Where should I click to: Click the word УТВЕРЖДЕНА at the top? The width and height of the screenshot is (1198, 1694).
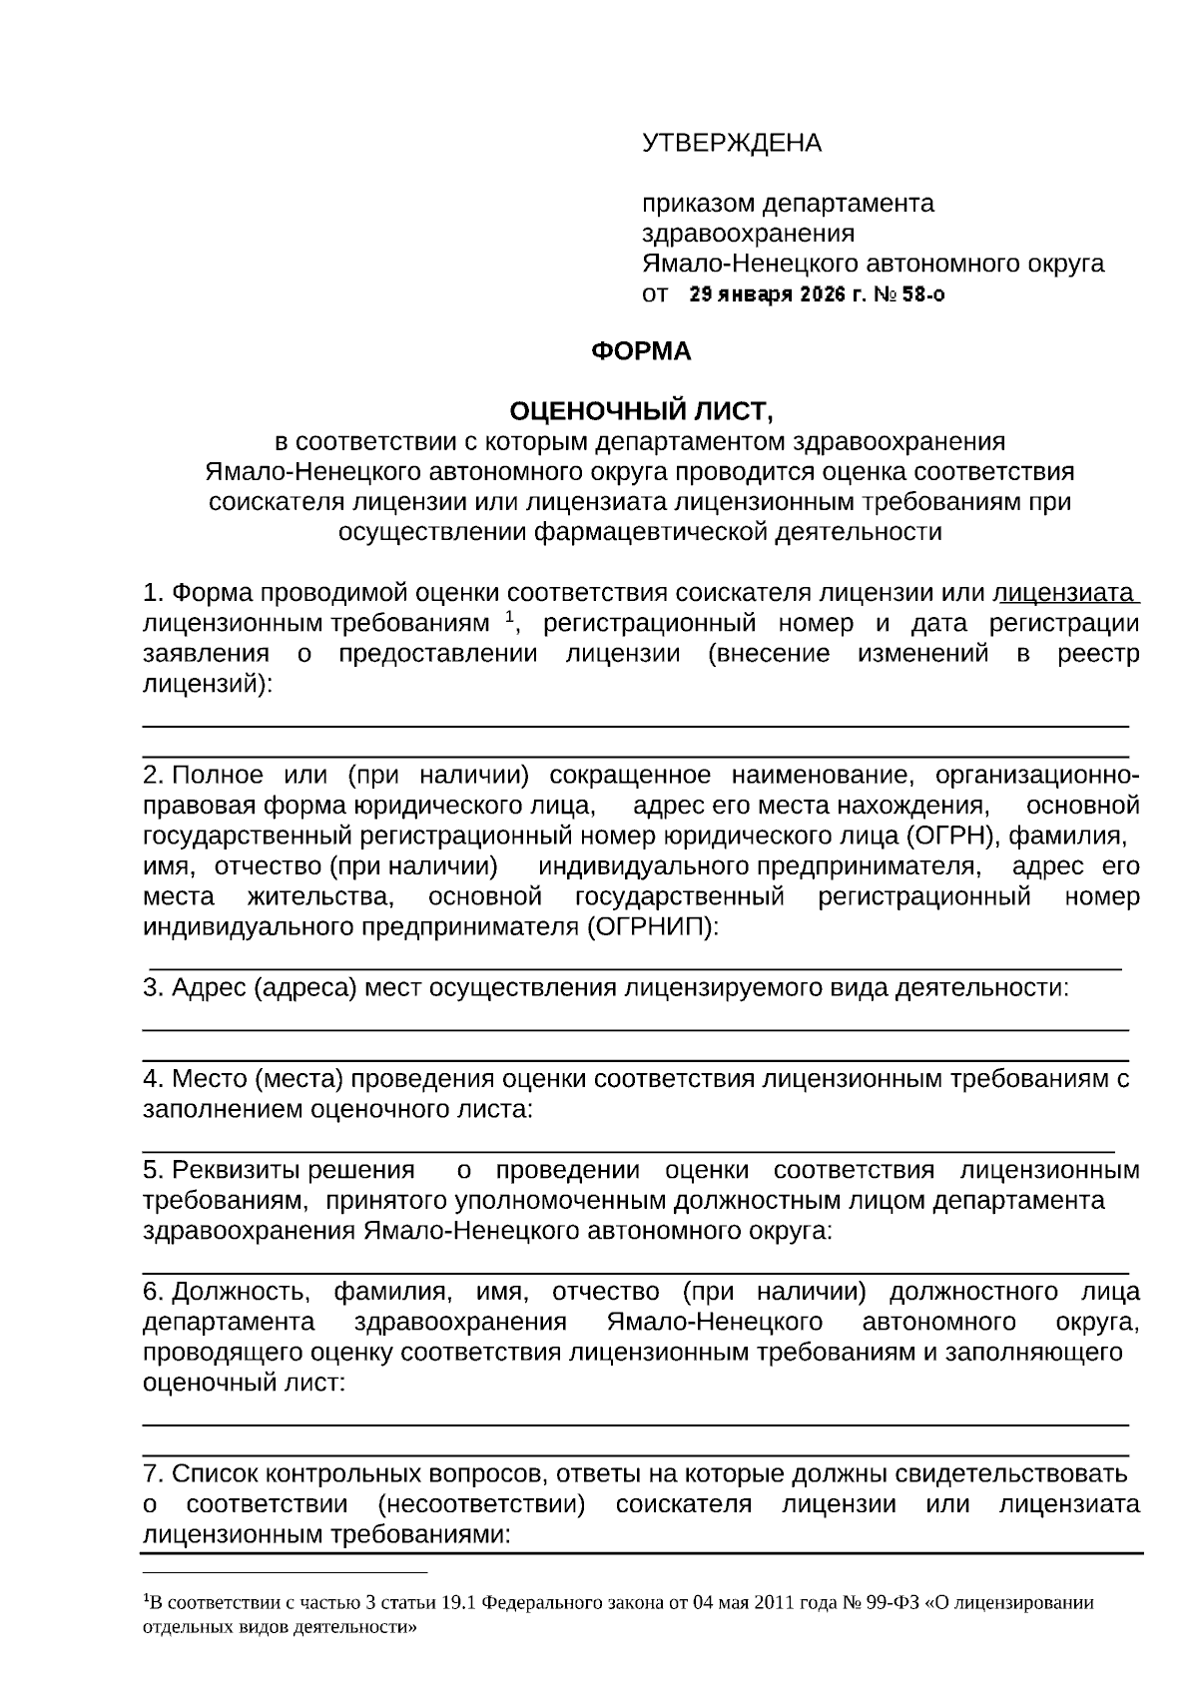[731, 143]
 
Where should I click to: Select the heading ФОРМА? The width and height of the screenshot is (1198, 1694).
[641, 351]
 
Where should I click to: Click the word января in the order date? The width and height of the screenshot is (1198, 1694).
[755, 295]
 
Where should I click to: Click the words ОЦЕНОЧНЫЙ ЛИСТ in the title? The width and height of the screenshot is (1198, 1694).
[639, 411]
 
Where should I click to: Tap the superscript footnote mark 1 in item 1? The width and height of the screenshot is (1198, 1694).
[508, 618]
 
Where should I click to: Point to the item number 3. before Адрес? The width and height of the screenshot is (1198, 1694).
[154, 988]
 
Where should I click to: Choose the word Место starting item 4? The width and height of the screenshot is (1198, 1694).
[210, 1079]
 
